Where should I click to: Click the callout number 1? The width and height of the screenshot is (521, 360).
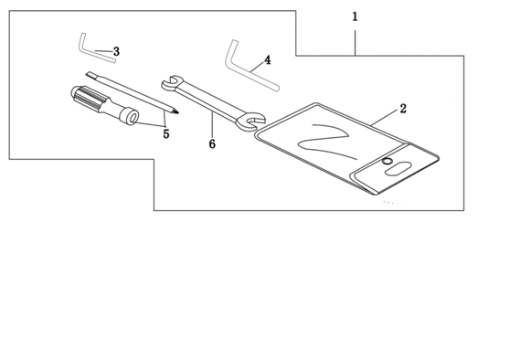(x=355, y=16)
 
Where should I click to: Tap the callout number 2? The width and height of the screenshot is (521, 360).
(x=403, y=108)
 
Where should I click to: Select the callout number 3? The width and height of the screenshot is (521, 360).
(x=116, y=51)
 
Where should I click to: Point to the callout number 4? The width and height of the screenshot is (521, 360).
(x=268, y=60)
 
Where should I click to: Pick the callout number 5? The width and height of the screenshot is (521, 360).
(x=166, y=133)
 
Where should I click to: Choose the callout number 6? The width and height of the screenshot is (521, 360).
(x=212, y=143)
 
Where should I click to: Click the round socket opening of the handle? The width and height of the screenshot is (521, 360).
(x=133, y=118)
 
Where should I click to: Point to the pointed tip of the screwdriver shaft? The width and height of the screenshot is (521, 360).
(x=176, y=112)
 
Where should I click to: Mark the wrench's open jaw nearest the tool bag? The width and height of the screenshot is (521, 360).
(x=250, y=122)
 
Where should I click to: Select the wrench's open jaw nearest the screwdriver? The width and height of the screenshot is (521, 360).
(x=171, y=82)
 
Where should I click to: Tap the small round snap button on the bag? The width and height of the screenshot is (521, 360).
(x=387, y=161)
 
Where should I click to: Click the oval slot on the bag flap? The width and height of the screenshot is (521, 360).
(x=398, y=168)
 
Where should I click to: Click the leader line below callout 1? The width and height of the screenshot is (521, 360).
(x=355, y=43)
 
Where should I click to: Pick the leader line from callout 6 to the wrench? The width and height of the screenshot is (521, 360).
(x=212, y=124)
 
